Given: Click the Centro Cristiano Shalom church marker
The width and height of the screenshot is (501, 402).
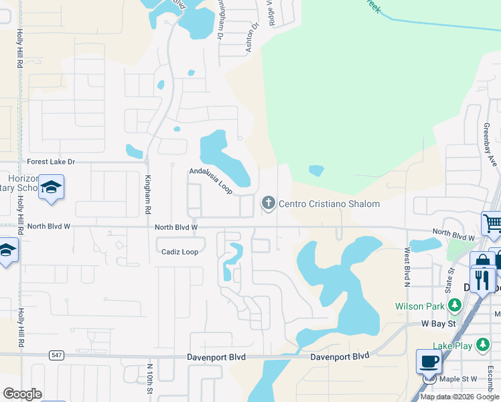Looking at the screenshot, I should coord(269,203).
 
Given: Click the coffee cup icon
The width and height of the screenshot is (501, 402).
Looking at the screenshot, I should coord(429,362).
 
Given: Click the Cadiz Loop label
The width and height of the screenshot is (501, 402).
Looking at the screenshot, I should coord(180,252).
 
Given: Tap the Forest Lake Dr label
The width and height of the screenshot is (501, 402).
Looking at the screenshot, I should coord(51,161).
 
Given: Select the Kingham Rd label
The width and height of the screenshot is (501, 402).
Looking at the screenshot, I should coord(147,195).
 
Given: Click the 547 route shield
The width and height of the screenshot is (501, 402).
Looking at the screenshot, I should coord(56,355).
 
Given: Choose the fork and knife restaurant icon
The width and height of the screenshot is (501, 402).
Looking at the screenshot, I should coord(482,279).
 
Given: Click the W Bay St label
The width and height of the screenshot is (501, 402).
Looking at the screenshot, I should coord(438,324).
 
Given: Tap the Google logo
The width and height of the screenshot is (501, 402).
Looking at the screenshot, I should coord(22,393).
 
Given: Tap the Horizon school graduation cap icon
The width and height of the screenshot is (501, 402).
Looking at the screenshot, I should coord(51,188).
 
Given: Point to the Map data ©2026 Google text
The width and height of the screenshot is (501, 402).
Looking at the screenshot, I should coord(459,397).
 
